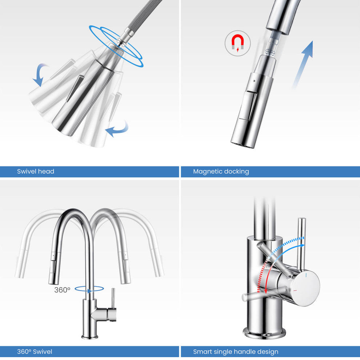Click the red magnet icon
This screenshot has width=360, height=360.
point(237,43)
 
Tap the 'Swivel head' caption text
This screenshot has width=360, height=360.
point(36,171)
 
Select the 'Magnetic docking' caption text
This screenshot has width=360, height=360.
point(221,171)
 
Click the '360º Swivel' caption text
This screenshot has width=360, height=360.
point(35,351)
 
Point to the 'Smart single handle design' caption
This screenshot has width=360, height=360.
point(236,351)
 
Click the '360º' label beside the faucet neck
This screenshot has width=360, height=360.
point(62,290)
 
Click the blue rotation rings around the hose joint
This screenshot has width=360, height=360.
point(116,46)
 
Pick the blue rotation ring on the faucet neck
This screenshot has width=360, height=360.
point(89,289)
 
